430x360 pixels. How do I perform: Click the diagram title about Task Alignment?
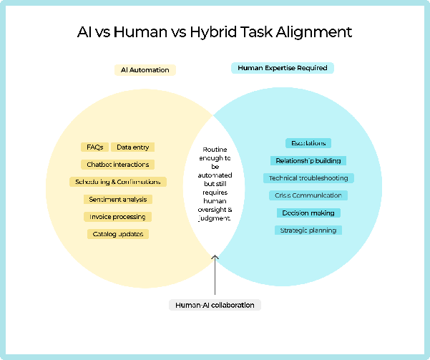[x=215, y=33]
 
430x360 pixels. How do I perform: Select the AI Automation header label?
[x=145, y=70]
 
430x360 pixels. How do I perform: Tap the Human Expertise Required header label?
[x=283, y=68]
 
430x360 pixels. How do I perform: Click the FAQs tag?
[x=94, y=147]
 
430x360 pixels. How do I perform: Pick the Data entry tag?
[x=133, y=147]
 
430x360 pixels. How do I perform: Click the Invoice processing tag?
[x=117, y=217]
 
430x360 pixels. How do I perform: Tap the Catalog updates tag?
[x=118, y=234]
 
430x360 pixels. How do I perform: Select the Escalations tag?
[x=308, y=143]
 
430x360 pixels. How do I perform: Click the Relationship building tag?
[x=308, y=160]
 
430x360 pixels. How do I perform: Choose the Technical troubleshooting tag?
[x=308, y=177]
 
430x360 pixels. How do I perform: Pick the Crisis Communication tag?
[x=308, y=195]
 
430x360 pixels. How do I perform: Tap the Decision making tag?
[x=308, y=213]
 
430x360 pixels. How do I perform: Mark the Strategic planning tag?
[x=308, y=230]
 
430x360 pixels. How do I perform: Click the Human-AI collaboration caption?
[x=215, y=305]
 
